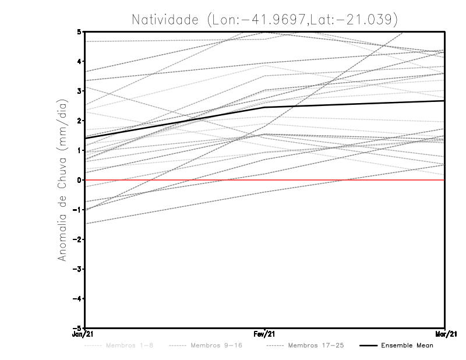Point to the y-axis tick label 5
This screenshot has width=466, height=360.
click(79, 31)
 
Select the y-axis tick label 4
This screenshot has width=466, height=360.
click(79, 61)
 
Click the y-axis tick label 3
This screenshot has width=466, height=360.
click(79, 91)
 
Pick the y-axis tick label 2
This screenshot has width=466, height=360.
click(79, 121)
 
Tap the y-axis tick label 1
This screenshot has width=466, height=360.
click(79, 150)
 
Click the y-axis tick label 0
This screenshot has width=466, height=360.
click(79, 180)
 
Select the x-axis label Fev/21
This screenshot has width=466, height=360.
click(265, 334)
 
